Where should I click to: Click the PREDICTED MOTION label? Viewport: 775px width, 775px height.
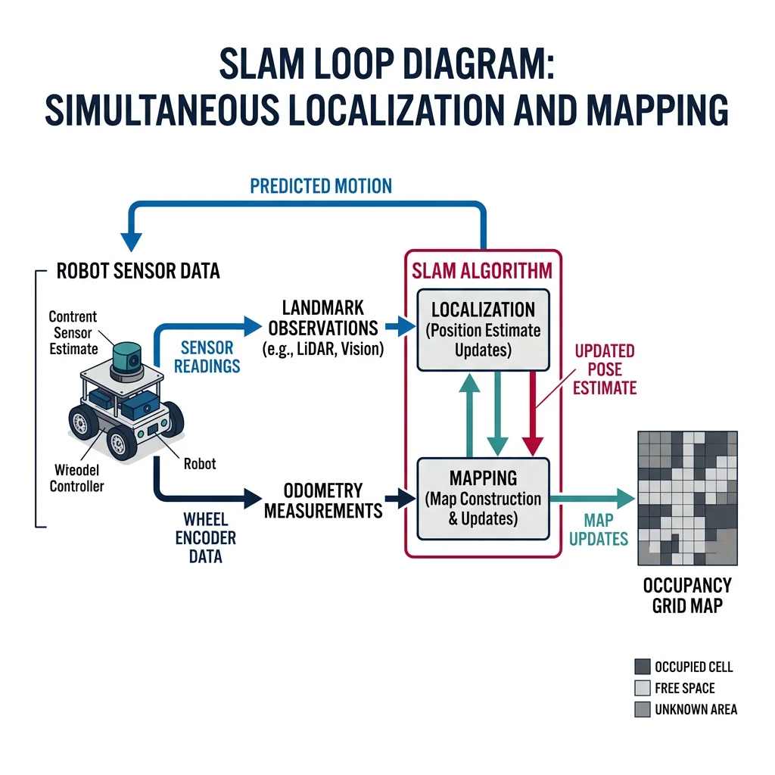pos(321,185)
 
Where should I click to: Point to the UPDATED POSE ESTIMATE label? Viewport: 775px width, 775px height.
pos(604,369)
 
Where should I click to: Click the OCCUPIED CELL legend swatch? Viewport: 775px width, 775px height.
pos(642,667)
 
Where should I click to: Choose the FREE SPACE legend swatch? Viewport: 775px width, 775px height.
pos(642,688)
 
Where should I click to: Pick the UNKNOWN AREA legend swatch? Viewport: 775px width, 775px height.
pos(642,709)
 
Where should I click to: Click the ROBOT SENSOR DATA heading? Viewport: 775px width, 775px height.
pos(138,271)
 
